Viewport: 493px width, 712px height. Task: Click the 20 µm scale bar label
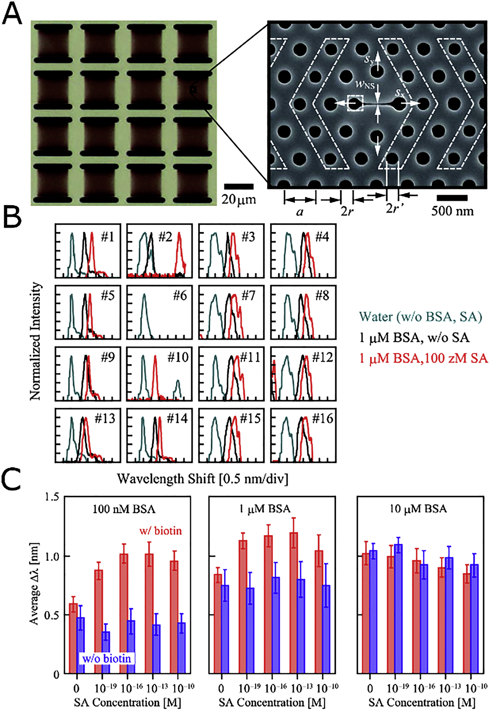point(239,199)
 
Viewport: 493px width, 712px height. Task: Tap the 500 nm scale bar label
point(452,211)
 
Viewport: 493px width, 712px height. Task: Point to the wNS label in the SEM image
point(364,85)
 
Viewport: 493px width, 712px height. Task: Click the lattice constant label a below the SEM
point(300,211)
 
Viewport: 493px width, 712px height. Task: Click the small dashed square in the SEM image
point(355,103)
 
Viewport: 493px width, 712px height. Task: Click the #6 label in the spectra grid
point(179,296)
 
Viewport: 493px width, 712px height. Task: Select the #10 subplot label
point(178,357)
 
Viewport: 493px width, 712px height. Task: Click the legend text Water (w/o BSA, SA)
point(420,317)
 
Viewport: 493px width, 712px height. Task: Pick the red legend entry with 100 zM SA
point(423,358)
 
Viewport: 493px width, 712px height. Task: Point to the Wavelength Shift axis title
point(202,479)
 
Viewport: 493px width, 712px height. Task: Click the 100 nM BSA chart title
point(124,509)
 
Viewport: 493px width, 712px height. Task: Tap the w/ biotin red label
point(160,531)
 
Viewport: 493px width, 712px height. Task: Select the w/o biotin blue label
point(107,658)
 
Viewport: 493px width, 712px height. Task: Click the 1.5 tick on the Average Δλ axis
point(52,497)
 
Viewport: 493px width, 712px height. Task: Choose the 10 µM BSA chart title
point(418,509)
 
